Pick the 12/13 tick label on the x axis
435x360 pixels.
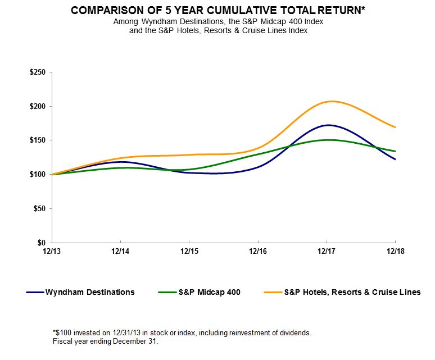pos(52,250)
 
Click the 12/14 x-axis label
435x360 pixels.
pos(120,250)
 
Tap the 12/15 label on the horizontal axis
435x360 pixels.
pos(189,250)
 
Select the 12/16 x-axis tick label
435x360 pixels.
pos(258,250)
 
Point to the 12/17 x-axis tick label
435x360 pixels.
pos(327,250)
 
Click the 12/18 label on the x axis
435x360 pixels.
pos(395,250)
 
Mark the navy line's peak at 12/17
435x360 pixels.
pos(327,125)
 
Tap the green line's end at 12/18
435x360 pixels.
pos(395,151)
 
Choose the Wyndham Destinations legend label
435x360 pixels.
pos(90,292)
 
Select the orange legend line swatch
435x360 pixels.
pos(272,292)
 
